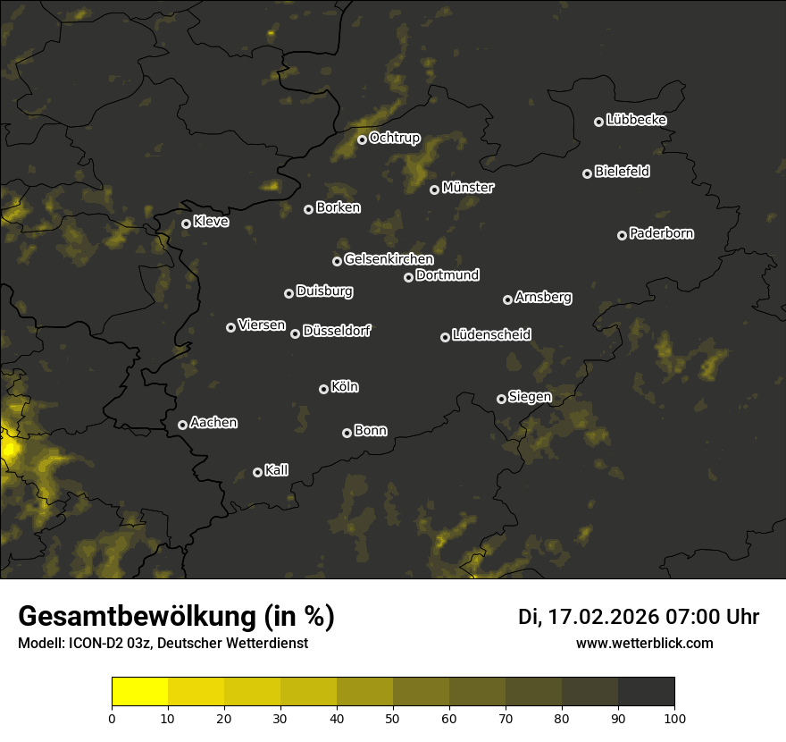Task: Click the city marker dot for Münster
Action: (434, 190)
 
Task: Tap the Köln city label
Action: (345, 387)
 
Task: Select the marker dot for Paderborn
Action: (622, 235)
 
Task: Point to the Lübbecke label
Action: (636, 120)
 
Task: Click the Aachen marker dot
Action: (182, 425)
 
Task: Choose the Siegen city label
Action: (530, 397)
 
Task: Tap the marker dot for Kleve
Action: (186, 223)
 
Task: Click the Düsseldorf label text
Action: (336, 331)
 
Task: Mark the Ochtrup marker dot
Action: (362, 139)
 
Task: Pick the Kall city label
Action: (276, 470)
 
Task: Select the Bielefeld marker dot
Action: (587, 173)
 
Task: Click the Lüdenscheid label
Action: (491, 335)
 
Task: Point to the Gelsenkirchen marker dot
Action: (337, 261)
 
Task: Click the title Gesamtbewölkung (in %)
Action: (176, 617)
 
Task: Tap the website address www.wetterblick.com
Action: (645, 643)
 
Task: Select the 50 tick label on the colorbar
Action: (393, 717)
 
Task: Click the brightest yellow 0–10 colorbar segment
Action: (139, 692)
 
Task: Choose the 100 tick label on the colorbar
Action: (674, 717)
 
